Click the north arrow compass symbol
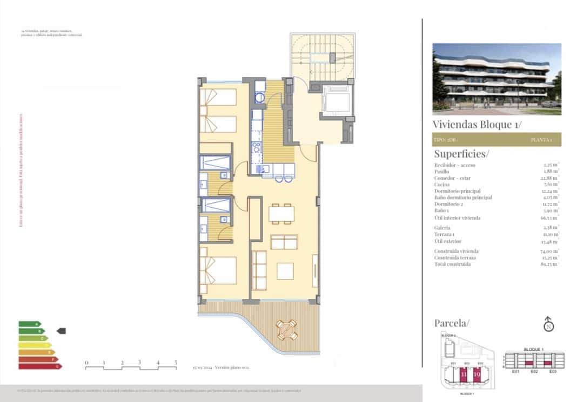(548, 324)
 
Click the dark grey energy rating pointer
(61, 331)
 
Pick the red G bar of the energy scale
(40, 366)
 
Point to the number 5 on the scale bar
(176, 363)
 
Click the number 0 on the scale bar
(86, 363)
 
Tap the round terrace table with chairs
(286, 329)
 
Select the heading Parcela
(452, 323)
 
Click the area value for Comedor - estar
(550, 178)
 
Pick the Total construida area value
(549, 264)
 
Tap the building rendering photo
(497, 79)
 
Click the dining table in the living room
(281, 214)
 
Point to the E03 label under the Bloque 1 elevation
(552, 372)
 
